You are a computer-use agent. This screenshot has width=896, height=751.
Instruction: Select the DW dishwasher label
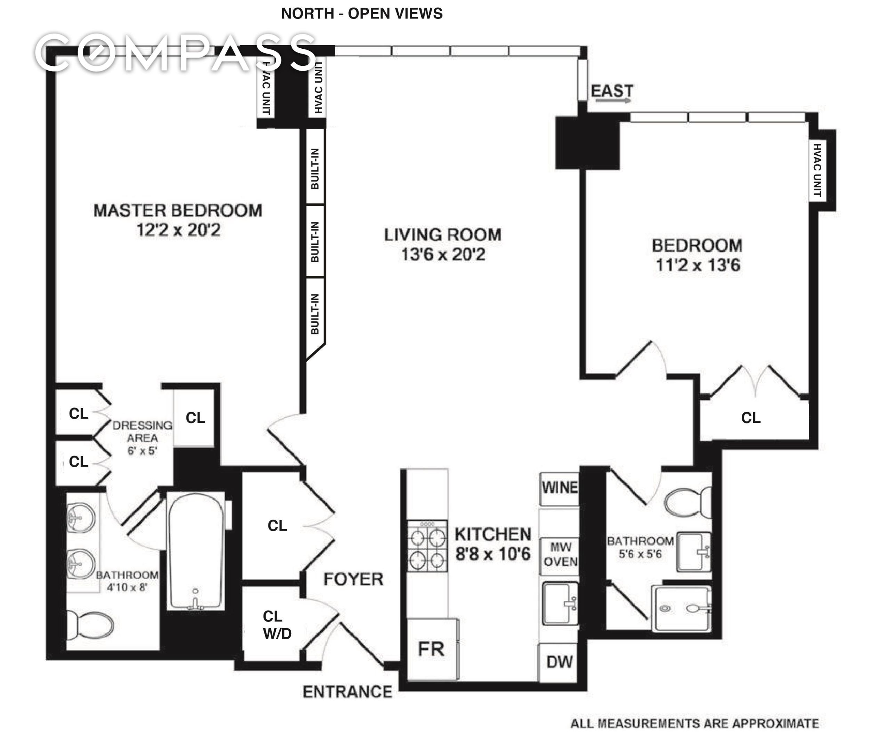(559, 662)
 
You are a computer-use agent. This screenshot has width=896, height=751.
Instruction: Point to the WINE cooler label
(559, 487)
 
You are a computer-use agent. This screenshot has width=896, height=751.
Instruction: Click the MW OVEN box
(560, 555)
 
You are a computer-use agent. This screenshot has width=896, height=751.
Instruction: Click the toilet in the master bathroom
(90, 625)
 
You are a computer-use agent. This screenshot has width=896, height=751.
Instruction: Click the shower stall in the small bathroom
(682, 608)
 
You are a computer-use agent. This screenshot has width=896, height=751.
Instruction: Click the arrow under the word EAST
(613, 101)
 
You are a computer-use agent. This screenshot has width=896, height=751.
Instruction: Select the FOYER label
(353, 579)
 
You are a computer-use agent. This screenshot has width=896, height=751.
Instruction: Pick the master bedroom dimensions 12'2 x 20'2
(178, 231)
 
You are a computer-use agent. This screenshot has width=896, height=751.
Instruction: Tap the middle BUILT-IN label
(315, 242)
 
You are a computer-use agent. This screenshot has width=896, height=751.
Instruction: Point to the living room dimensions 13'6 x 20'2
(443, 255)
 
